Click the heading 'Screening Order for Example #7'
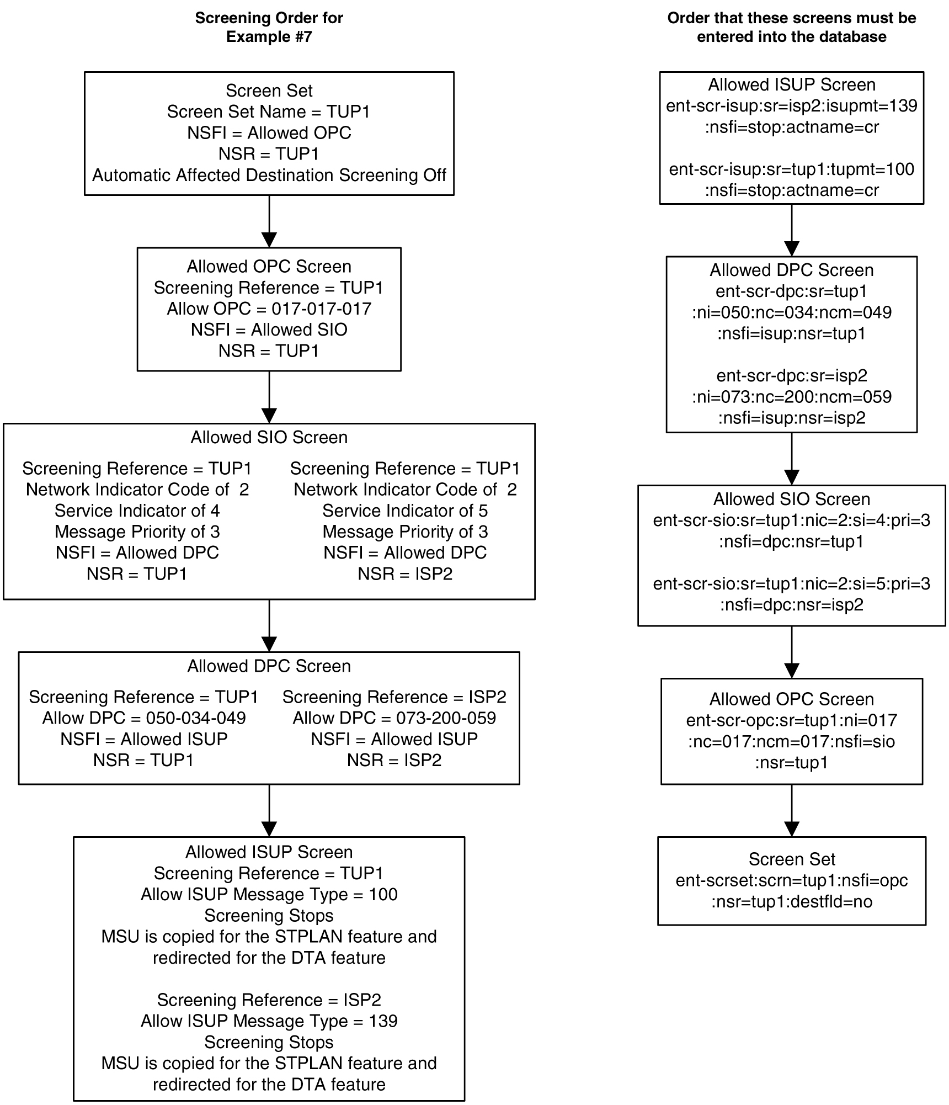click(x=269, y=27)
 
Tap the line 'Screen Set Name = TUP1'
click(x=269, y=111)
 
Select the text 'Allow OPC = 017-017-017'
click(x=269, y=309)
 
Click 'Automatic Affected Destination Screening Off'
click(x=269, y=175)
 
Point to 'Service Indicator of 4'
click(x=137, y=511)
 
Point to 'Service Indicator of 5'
click(x=405, y=511)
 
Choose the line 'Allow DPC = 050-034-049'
click(x=143, y=718)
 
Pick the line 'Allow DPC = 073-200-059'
click(x=394, y=718)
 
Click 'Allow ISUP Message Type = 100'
click(x=269, y=894)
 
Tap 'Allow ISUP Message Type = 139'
click(x=269, y=1021)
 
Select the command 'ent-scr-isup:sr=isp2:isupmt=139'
click(x=791, y=105)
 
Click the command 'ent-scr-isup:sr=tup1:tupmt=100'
click(x=791, y=169)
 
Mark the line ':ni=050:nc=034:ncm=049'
click(x=791, y=312)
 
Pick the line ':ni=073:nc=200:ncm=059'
click(x=791, y=397)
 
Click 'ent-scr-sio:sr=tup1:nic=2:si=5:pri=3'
click(x=791, y=583)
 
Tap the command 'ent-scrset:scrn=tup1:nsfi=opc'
click(x=791, y=880)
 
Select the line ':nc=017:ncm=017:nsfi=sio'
click(x=791, y=741)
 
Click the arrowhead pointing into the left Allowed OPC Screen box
click(x=269, y=240)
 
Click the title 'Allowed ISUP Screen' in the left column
click(x=269, y=852)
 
